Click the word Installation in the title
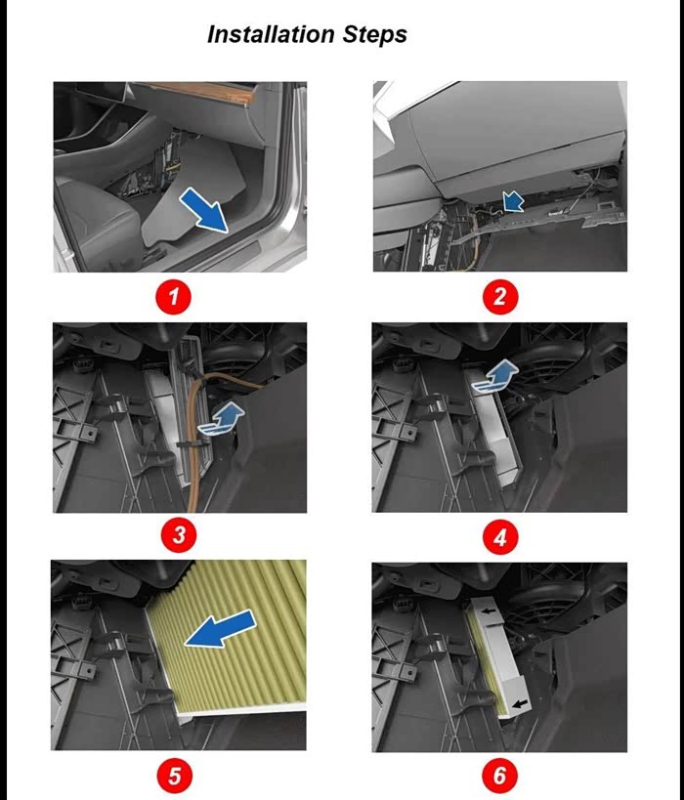click(x=272, y=34)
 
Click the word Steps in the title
click(x=374, y=36)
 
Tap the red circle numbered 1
click(x=174, y=296)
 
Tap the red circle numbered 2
click(x=500, y=296)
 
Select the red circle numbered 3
click(x=179, y=534)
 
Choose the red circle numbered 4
click(x=500, y=536)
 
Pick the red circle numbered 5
click(x=174, y=776)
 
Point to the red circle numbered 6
click(x=499, y=776)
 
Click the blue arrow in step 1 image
click(x=204, y=210)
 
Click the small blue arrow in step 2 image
click(x=514, y=201)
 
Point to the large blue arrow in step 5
click(x=221, y=629)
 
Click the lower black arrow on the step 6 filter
click(x=520, y=704)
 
